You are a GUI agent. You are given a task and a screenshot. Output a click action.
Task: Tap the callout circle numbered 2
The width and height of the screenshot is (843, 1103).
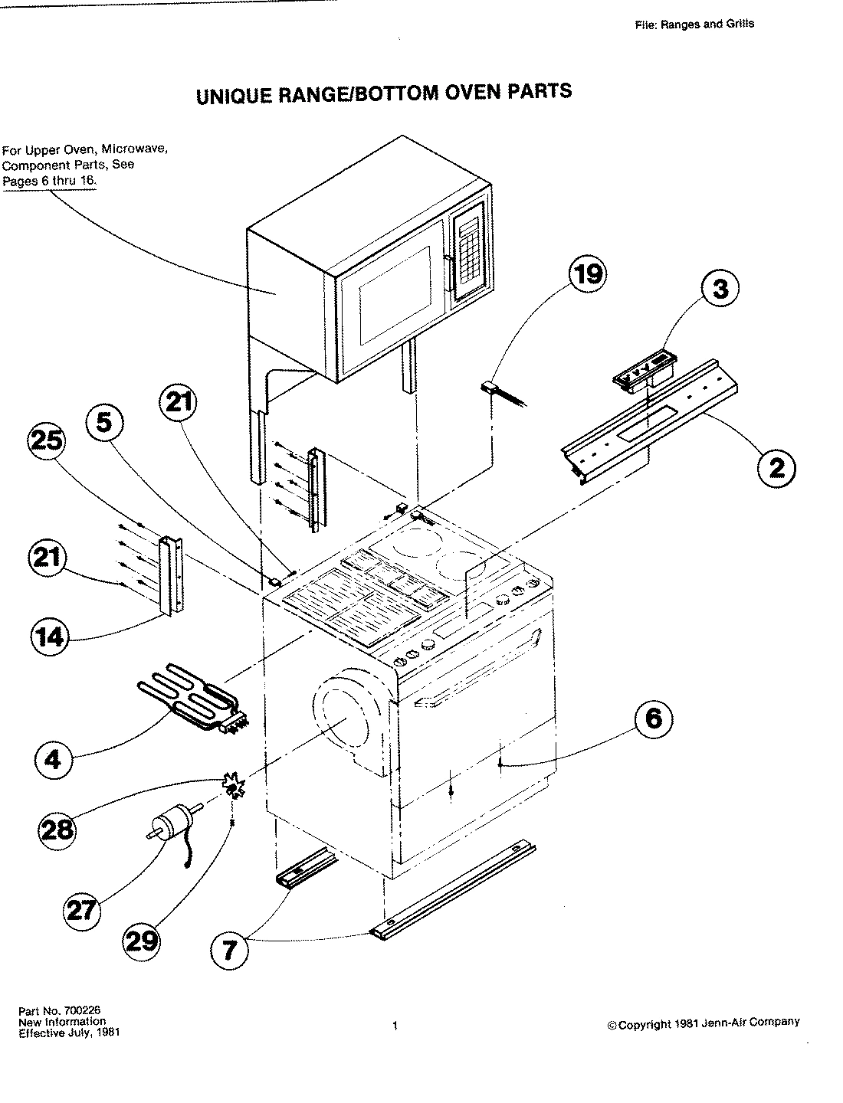click(x=776, y=466)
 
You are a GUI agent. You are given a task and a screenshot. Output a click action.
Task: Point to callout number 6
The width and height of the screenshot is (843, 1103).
click(x=652, y=718)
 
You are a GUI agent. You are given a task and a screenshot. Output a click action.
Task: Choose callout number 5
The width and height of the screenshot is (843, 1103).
click(x=105, y=423)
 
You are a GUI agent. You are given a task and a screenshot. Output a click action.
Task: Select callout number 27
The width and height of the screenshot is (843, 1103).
click(x=82, y=909)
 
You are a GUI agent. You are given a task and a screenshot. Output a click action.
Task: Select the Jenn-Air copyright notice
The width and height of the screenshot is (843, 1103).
click(x=703, y=1023)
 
